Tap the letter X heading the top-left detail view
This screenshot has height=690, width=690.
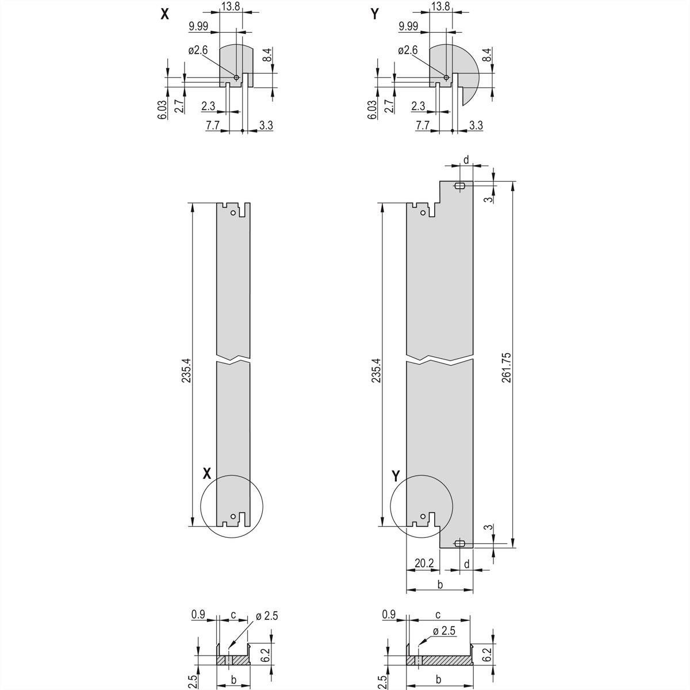[x=165, y=15]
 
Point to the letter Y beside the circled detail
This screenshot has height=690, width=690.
[x=396, y=476]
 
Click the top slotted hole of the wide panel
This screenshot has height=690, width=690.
[x=459, y=186]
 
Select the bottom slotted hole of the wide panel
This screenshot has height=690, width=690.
[x=459, y=543]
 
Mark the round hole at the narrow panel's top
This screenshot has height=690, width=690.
[x=233, y=213]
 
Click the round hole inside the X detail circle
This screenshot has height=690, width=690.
[x=233, y=516]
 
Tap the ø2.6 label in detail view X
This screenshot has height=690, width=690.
[x=198, y=51]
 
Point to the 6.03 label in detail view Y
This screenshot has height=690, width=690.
[x=371, y=109]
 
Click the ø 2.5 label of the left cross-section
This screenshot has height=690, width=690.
[x=266, y=616]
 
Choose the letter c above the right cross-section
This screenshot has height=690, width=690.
[x=438, y=615]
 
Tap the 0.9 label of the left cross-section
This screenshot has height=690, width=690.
[x=198, y=615]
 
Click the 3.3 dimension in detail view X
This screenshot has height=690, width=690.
[x=266, y=125]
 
